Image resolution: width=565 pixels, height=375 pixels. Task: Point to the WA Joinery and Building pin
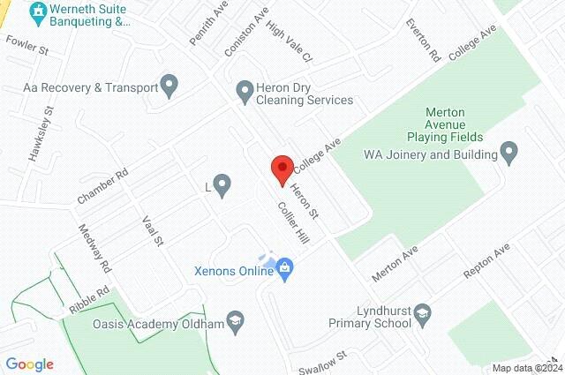(x=508, y=154)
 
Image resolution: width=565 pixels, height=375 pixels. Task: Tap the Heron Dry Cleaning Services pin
(x=245, y=89)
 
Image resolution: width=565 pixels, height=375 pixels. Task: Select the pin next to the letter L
(x=222, y=186)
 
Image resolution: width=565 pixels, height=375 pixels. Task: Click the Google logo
(x=29, y=364)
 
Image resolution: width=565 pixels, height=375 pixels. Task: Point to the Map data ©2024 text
(x=527, y=368)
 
